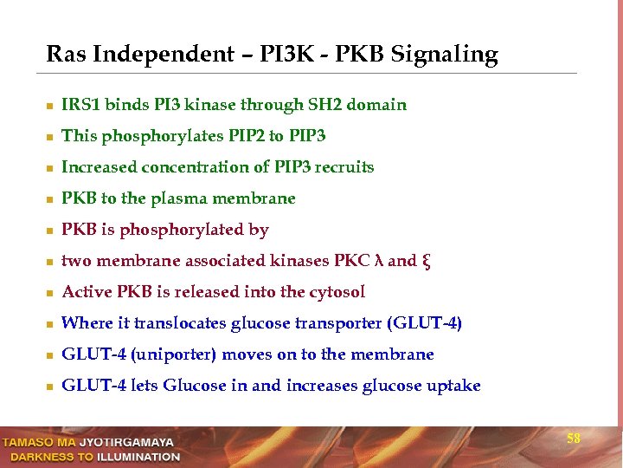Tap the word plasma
(179, 198)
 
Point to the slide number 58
(573, 439)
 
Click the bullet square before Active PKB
(51, 293)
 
